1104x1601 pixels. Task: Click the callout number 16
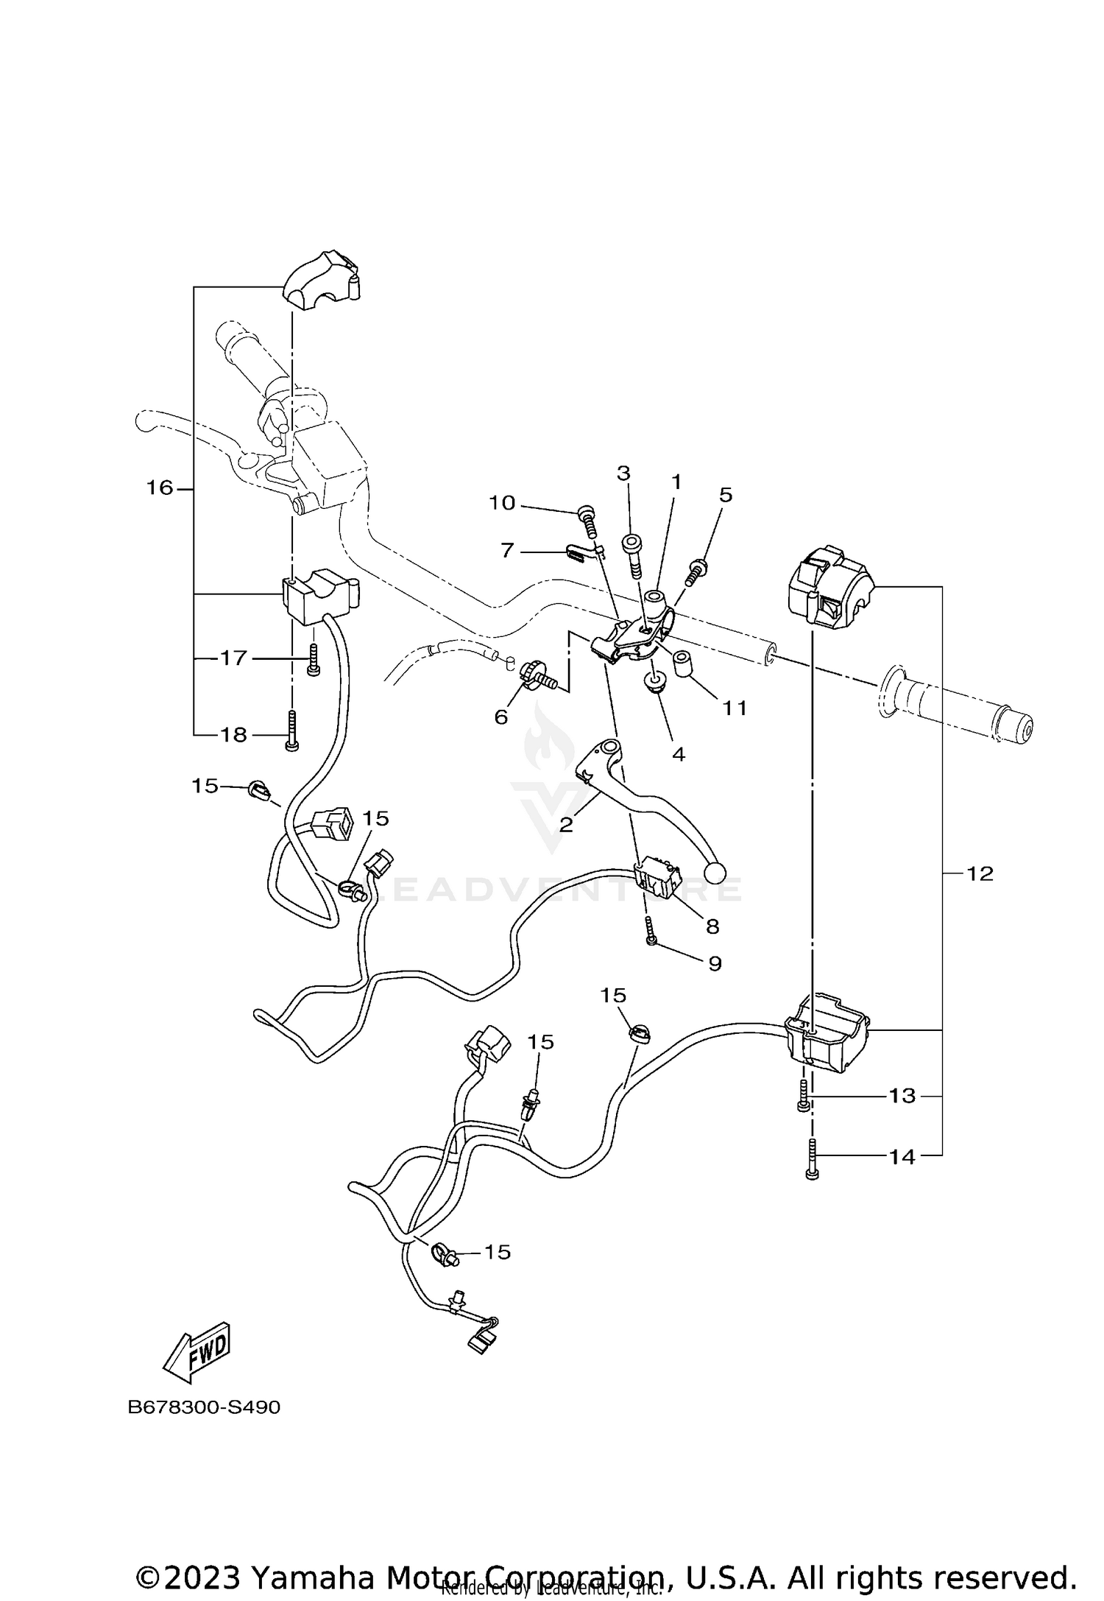(159, 488)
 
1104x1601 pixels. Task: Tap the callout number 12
(980, 873)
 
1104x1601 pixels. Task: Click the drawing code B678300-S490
(204, 1407)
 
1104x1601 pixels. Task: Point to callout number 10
(503, 503)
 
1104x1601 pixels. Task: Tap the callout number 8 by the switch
(712, 926)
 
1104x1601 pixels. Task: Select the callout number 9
(715, 963)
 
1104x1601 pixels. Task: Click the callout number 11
(735, 708)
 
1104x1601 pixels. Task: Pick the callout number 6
(501, 717)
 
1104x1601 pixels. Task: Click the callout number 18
(234, 734)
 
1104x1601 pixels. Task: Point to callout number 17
(234, 658)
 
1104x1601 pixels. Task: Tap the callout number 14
(902, 1157)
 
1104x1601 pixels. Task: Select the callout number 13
(902, 1096)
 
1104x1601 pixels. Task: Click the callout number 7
(507, 550)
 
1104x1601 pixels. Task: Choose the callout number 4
(679, 754)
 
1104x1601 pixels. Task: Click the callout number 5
(726, 495)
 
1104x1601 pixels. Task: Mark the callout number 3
(623, 473)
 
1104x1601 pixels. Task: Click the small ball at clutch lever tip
(714, 873)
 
